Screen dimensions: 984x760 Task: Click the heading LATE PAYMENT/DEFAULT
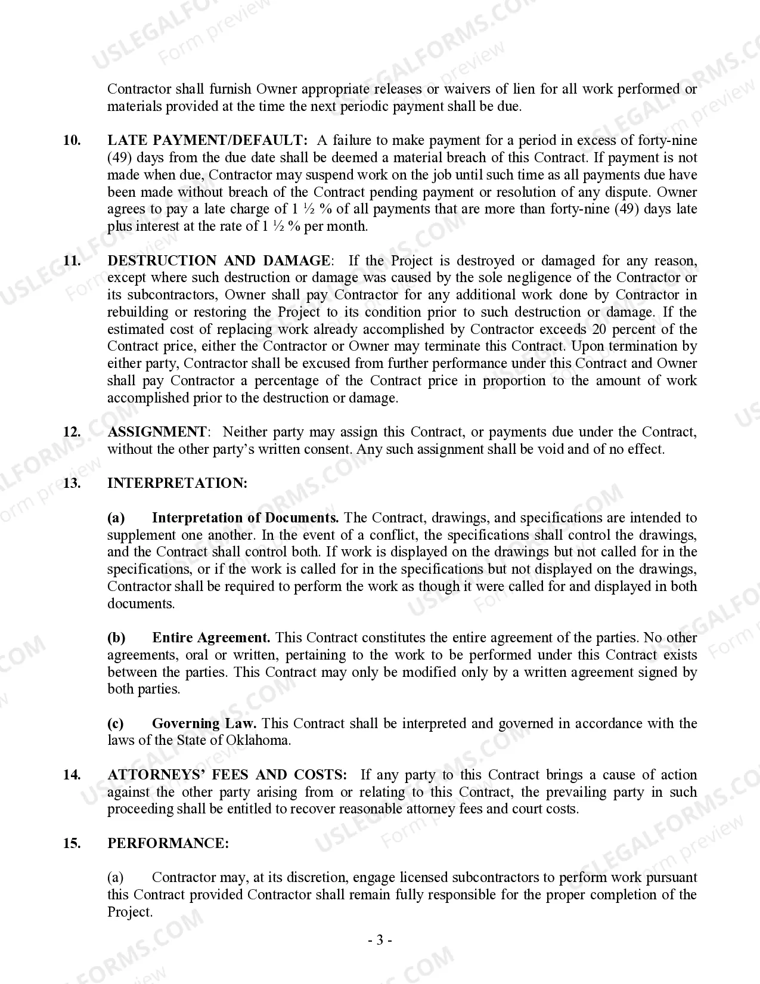click(x=207, y=141)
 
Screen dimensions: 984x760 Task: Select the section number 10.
click(x=72, y=141)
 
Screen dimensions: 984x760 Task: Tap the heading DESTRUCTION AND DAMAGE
click(x=219, y=261)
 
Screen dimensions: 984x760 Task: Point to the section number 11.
click(x=72, y=261)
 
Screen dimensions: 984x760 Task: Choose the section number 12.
click(x=72, y=432)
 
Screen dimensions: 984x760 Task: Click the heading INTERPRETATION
click(x=177, y=483)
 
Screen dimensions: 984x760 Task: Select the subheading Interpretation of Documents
click(x=245, y=518)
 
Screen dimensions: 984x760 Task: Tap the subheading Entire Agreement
click(x=211, y=638)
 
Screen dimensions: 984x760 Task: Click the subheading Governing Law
click(x=204, y=723)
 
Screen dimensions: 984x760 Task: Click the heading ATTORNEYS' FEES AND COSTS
click(x=227, y=775)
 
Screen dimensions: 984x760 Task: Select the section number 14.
click(x=72, y=775)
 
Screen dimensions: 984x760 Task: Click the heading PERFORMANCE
click(x=168, y=843)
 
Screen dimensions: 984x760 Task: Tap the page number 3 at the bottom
click(x=380, y=940)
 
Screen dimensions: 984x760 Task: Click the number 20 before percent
click(x=599, y=329)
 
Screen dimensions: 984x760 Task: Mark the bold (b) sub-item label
click(x=116, y=638)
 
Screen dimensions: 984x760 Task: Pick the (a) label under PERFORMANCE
click(x=116, y=877)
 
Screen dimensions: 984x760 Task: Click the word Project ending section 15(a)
click(x=129, y=912)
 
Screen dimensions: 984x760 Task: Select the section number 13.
click(x=72, y=483)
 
